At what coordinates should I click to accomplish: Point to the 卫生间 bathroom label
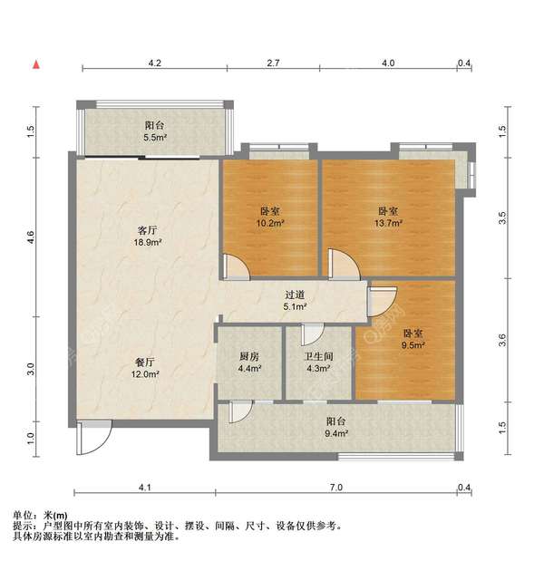(318, 355)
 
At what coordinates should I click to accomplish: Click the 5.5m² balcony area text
(155, 138)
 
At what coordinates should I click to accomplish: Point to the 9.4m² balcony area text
(335, 433)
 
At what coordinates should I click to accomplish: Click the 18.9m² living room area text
(148, 243)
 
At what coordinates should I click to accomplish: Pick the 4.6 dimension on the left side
(31, 237)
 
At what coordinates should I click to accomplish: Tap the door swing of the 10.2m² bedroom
(234, 266)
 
